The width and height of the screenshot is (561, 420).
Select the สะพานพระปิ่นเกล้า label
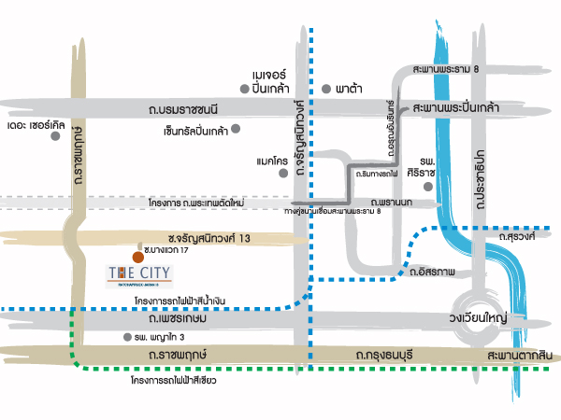(x=455, y=108)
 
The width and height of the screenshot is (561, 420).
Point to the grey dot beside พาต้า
(x=325, y=89)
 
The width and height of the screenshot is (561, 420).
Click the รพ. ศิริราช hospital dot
(x=428, y=187)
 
